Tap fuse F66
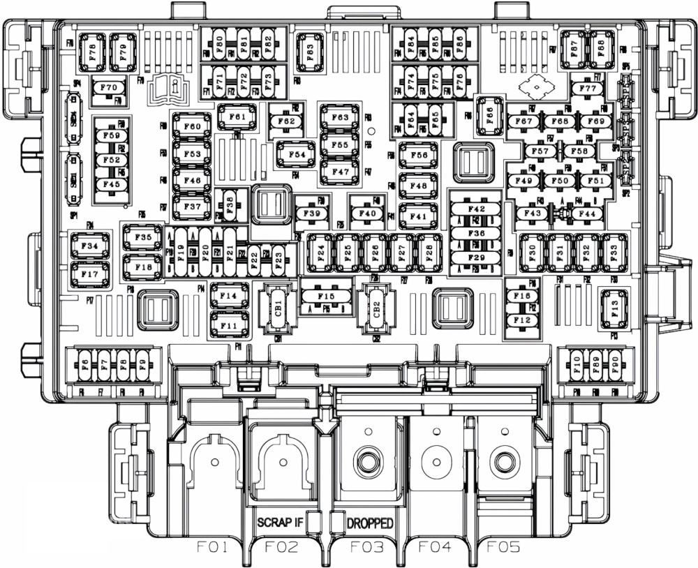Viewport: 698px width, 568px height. click(x=489, y=115)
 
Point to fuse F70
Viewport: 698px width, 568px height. click(x=109, y=88)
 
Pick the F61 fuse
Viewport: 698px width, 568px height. click(x=237, y=117)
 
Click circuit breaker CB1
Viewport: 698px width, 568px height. click(x=278, y=308)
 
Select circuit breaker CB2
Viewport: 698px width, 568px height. click(x=376, y=308)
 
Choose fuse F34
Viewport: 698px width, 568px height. click(x=89, y=246)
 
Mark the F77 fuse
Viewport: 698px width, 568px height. click(x=588, y=89)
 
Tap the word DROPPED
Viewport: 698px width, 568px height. click(x=369, y=523)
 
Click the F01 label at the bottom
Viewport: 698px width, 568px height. click(x=211, y=547)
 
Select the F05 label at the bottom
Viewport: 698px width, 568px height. click(x=503, y=547)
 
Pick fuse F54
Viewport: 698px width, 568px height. click(x=297, y=154)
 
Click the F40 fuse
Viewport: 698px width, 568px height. click(x=368, y=214)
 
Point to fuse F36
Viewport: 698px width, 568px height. click(x=477, y=233)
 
